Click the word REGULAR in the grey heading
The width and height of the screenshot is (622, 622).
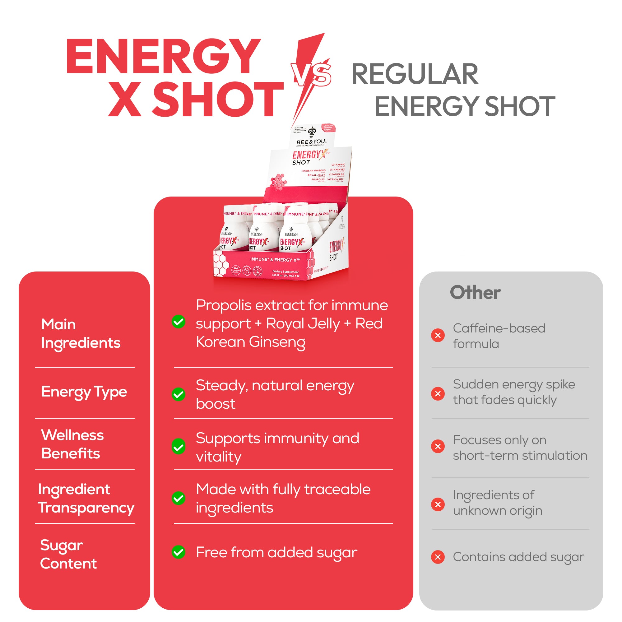415,74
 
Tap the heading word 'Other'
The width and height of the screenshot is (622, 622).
475,292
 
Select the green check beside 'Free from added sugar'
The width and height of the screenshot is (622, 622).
178,552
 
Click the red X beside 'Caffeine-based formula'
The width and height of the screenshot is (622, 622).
438,336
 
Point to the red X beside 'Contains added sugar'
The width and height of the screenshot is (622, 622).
438,557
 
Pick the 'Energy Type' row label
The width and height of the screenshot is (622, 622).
84,392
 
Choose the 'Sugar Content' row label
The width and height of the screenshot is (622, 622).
68,554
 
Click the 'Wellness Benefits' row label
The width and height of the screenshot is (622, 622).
72,444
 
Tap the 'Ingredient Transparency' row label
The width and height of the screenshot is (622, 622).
86,498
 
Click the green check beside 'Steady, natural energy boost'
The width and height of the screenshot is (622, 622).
178,394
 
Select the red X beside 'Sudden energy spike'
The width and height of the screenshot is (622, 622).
438,393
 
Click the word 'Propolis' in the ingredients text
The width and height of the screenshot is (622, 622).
223,305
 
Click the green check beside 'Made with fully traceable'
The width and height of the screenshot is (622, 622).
178,498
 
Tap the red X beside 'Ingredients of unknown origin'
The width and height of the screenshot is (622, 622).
438,504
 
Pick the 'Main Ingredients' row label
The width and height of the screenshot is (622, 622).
81,333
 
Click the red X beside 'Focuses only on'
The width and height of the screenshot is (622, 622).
438,446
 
